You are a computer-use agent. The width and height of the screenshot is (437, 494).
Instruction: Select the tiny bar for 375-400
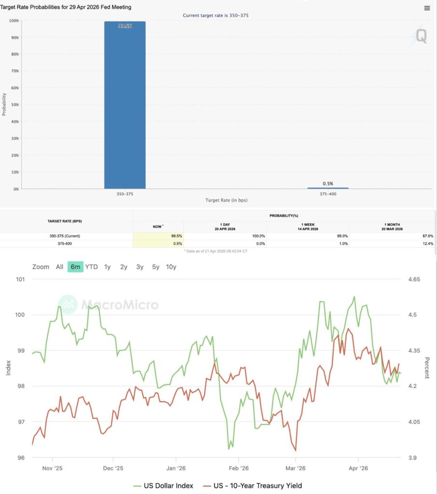(x=328, y=188)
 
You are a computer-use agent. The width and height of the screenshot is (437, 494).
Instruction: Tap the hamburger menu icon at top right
(x=427, y=8)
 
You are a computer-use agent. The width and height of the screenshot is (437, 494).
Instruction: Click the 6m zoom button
(x=75, y=267)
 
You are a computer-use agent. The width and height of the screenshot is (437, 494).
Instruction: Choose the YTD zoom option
(x=92, y=267)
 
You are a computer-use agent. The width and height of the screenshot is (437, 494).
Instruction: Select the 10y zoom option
(x=171, y=267)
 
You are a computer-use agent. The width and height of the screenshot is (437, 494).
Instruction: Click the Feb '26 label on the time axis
(x=238, y=467)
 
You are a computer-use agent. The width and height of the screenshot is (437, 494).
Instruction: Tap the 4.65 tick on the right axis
(x=414, y=279)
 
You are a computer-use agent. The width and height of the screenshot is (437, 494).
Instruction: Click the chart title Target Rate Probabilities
(x=66, y=7)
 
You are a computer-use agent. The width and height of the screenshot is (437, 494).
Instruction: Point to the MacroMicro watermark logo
(x=108, y=304)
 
